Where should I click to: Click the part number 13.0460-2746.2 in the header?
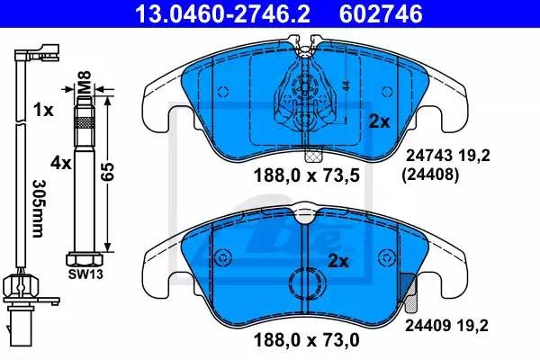point(204,13)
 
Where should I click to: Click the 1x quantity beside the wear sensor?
point(41,110)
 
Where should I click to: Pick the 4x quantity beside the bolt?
point(61,163)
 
